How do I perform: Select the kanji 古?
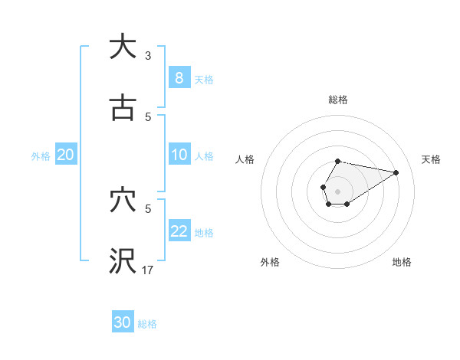pyautogui.click(x=123, y=109)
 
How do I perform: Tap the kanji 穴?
pyautogui.click(x=123, y=201)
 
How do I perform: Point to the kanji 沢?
pyautogui.click(x=123, y=262)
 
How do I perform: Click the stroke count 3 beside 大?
pyautogui.click(x=148, y=55)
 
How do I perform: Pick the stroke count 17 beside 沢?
pyautogui.click(x=148, y=270)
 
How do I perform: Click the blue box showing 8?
pyautogui.click(x=179, y=78)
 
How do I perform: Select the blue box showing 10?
pyautogui.click(x=179, y=155)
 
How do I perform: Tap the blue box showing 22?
pyautogui.click(x=179, y=231)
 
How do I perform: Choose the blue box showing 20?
pyautogui.click(x=65, y=155)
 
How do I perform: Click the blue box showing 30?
pyautogui.click(x=122, y=322)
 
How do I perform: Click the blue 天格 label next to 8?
pyautogui.click(x=204, y=79)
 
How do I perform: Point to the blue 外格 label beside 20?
pyautogui.click(x=41, y=155)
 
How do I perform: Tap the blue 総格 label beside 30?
pyautogui.click(x=147, y=323)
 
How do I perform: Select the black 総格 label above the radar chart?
pyautogui.click(x=337, y=100)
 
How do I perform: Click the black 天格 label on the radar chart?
pyautogui.click(x=431, y=159)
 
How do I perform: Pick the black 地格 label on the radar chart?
pyautogui.click(x=402, y=262)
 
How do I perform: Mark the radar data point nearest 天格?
pyautogui.click(x=396, y=172)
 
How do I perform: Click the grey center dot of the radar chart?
pyautogui.click(x=337, y=190)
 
